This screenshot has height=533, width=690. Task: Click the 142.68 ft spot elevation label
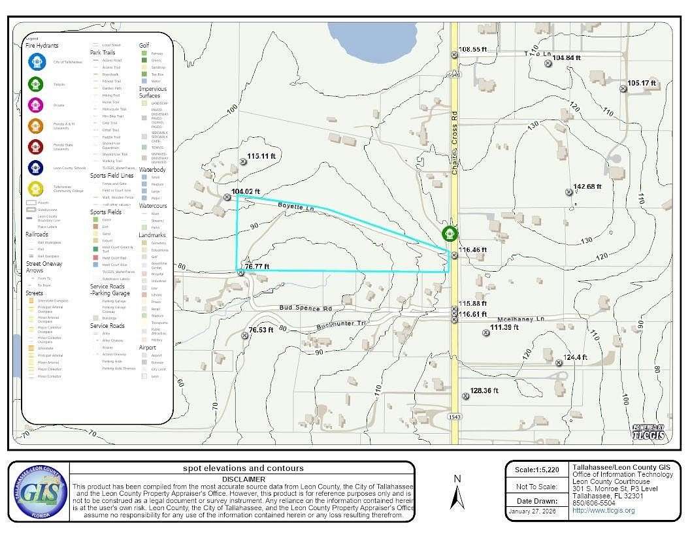587,187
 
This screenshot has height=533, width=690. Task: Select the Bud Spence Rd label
305,308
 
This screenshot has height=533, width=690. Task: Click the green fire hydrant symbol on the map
450,234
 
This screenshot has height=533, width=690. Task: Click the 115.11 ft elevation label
262,156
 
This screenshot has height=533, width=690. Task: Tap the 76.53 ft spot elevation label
261,330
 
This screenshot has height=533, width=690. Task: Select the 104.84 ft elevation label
567,58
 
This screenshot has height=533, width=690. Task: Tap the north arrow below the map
458,493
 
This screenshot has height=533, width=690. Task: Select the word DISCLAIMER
243,477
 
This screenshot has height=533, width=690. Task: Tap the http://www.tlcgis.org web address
603,510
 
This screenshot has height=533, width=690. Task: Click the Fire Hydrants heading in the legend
42,46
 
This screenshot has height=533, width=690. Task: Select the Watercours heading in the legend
153,206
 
